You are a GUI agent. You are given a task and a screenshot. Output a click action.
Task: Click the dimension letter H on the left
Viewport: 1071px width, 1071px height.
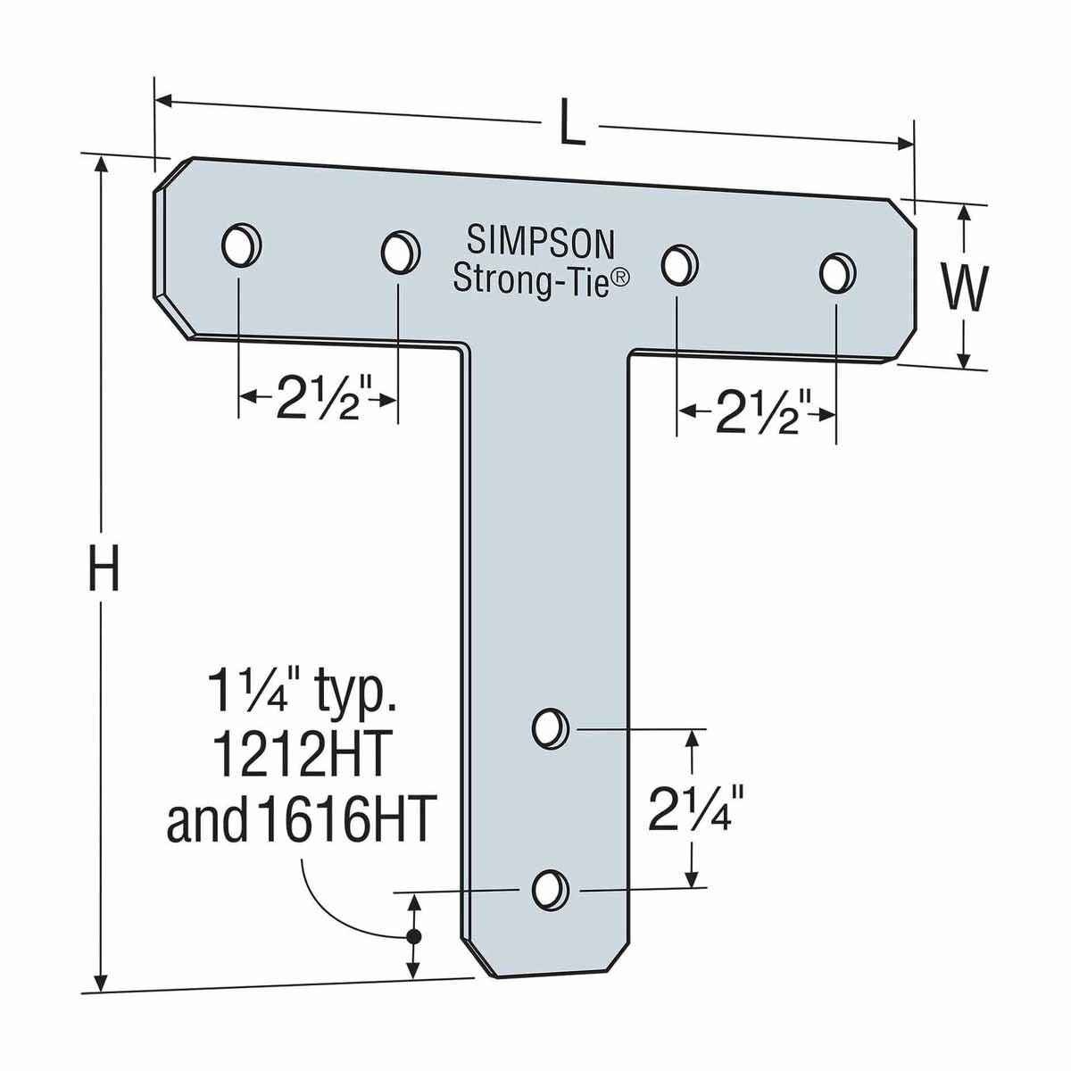click(x=104, y=570)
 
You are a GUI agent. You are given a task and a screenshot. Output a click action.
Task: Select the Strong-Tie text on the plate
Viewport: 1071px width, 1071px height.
click(x=532, y=278)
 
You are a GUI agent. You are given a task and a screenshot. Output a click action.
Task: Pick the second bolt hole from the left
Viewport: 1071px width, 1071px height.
click(x=399, y=253)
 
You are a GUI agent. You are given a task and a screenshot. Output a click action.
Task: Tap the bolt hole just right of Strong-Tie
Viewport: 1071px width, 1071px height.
click(x=679, y=263)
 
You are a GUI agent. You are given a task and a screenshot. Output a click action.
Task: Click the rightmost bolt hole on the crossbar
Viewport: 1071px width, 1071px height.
click(x=836, y=272)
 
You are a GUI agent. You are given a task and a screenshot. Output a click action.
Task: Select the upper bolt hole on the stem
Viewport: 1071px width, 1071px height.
click(x=550, y=728)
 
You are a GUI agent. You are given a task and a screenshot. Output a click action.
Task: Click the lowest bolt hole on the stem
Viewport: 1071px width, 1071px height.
click(x=550, y=889)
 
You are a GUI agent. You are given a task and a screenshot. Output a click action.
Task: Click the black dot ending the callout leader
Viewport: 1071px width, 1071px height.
click(x=412, y=936)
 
